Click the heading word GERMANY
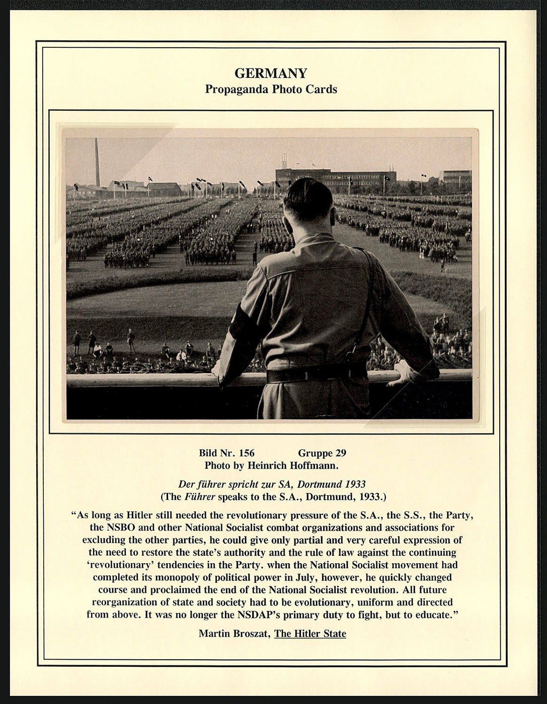click(271, 73)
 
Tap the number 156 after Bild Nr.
click(247, 453)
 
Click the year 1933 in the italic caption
click(355, 485)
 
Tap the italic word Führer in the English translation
click(200, 497)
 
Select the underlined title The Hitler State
click(310, 634)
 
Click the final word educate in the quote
click(432, 614)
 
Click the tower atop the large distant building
click(284, 162)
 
